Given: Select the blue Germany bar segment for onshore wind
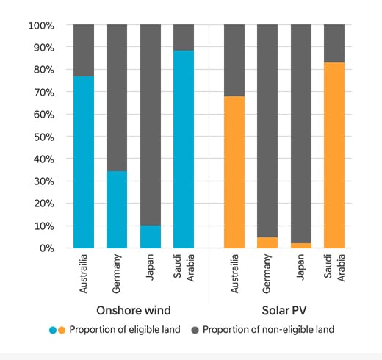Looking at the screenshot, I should point(117,209).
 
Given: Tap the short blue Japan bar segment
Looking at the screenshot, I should point(151,237).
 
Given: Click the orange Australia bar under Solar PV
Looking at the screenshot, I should point(234,172).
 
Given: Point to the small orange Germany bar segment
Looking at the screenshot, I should point(267,242).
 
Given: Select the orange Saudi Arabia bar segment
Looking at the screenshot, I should point(334,155).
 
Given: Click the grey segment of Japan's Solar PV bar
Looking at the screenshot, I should point(301,132).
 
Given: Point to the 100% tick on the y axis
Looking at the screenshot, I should point(42,26).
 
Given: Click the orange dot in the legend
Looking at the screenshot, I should point(62,330).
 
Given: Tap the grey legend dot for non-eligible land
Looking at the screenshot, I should point(192,330).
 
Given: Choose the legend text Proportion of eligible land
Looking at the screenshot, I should point(126,330).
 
